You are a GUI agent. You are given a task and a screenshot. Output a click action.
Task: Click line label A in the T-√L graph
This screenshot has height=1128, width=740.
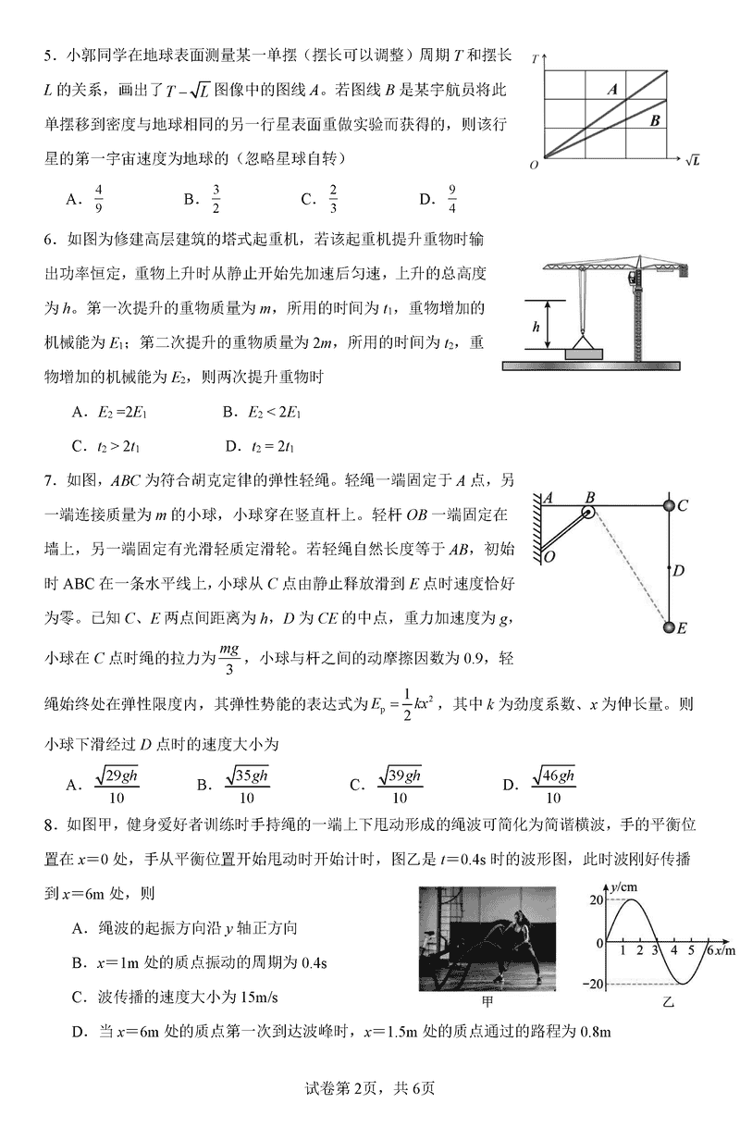612,90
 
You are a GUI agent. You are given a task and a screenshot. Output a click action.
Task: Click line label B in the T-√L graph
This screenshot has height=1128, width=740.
654,119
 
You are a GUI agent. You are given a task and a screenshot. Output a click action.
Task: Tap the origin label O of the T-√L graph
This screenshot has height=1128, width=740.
534,165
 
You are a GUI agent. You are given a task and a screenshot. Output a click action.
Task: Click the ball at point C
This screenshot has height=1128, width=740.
672,506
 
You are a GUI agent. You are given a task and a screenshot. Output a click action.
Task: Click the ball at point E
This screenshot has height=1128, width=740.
672,629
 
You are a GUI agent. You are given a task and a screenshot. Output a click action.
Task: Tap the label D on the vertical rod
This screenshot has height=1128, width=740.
678,570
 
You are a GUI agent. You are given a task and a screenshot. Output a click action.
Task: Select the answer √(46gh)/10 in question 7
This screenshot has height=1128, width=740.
553,786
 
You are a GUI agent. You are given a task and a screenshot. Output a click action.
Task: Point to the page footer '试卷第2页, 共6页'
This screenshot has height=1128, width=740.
369,1087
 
